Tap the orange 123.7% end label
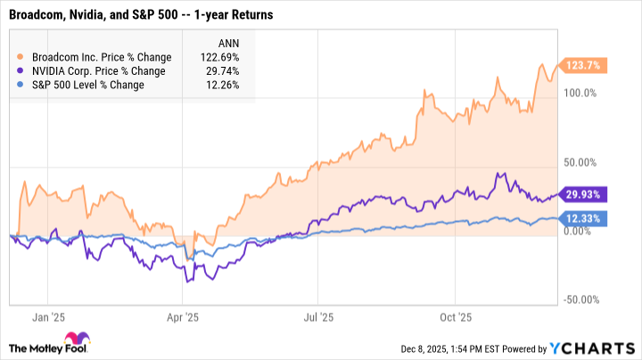pos(582,65)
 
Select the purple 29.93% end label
pos(582,194)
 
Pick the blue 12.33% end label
pos(582,218)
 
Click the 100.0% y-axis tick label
pos(580,93)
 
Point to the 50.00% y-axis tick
pos(580,162)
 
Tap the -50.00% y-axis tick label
pos(580,301)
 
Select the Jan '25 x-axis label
pos(43,316)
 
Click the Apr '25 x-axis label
pos(182,316)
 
